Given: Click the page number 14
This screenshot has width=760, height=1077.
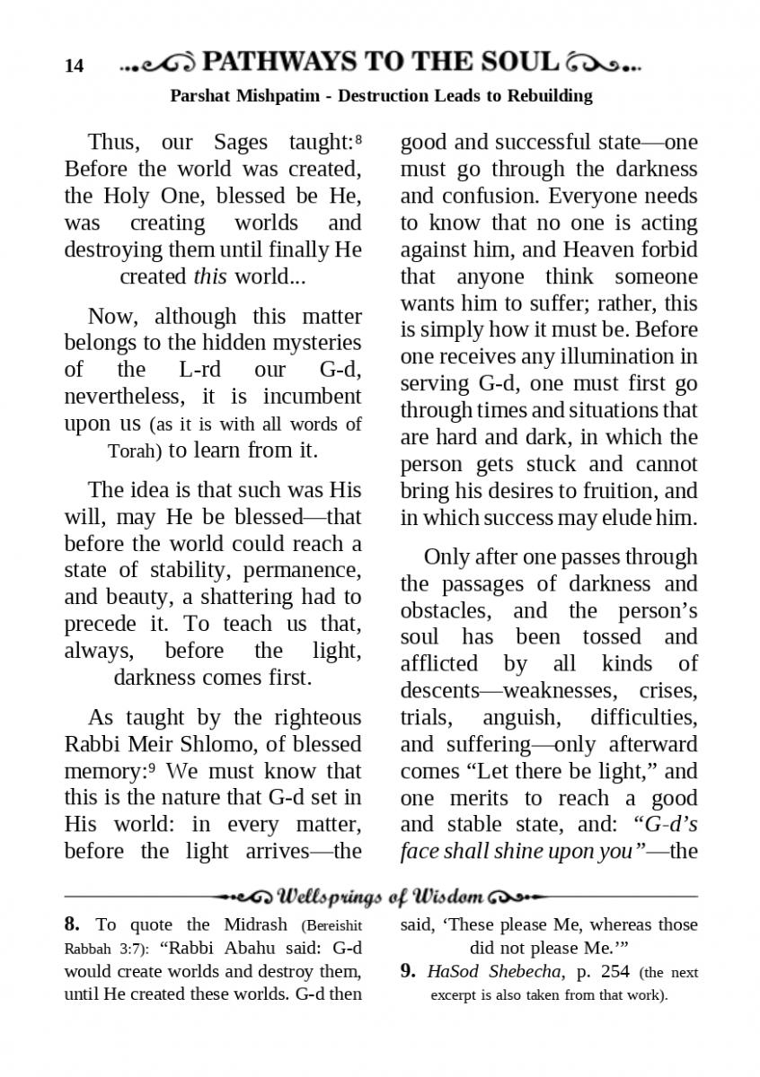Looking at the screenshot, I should click(x=75, y=66).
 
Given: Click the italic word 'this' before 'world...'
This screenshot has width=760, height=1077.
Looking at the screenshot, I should click(x=210, y=276).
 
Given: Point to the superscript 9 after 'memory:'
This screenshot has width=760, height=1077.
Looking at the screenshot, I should click(x=153, y=767).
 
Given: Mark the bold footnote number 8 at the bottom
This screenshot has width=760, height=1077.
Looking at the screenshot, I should click(x=72, y=924).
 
